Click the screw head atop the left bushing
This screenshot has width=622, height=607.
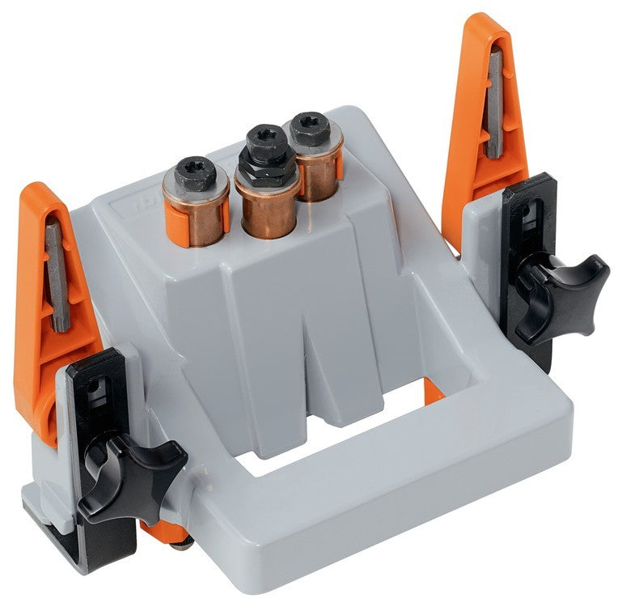pyautogui.click(x=196, y=172)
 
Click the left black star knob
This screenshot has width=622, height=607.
pyautogui.click(x=129, y=473)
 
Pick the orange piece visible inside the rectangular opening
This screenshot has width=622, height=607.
pyautogui.click(x=434, y=394)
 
